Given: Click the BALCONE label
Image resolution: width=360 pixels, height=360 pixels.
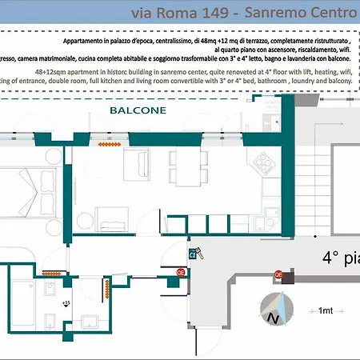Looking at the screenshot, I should (x=133, y=111).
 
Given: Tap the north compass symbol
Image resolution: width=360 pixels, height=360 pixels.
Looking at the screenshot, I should (x=278, y=310).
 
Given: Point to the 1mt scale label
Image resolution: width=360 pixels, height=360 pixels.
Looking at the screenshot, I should (x=326, y=310).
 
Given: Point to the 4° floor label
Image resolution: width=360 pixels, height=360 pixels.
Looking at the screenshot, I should (x=340, y=258).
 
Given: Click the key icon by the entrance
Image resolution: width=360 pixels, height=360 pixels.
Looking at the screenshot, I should (x=194, y=254).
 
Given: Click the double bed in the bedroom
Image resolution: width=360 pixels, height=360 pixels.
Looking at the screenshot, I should (x=24, y=195).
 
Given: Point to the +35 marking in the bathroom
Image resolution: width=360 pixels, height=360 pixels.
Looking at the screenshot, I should (x=66, y=302).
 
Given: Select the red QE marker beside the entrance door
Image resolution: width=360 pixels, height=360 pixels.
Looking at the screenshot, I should (x=181, y=272).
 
